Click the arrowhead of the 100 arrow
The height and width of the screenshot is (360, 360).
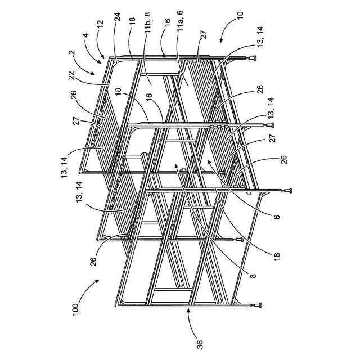94,287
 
